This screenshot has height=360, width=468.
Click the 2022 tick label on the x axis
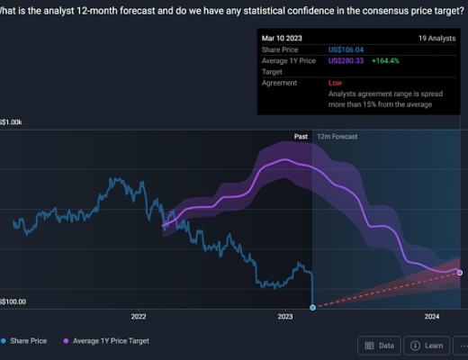click(138, 317)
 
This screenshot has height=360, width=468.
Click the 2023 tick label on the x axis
click(285, 317)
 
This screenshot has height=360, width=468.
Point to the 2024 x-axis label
click(431, 317)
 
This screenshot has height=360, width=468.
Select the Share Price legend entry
click(28, 341)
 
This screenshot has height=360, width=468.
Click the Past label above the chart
click(301, 136)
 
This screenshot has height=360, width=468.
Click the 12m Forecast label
click(337, 136)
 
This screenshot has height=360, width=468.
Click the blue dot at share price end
click(312, 308)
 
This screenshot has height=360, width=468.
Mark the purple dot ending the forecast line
click(460, 272)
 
